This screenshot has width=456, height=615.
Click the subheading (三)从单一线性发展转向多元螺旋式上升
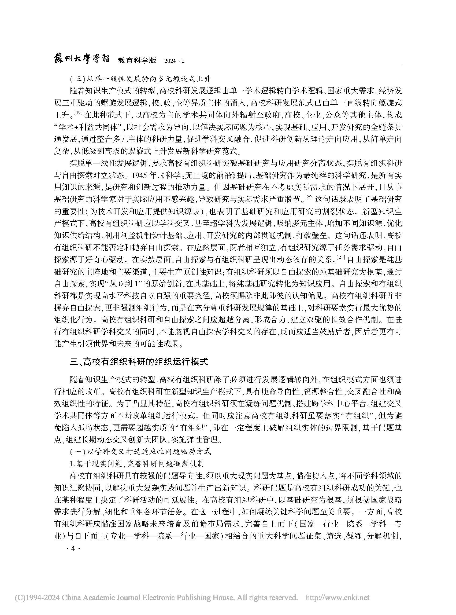click(x=140, y=79)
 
